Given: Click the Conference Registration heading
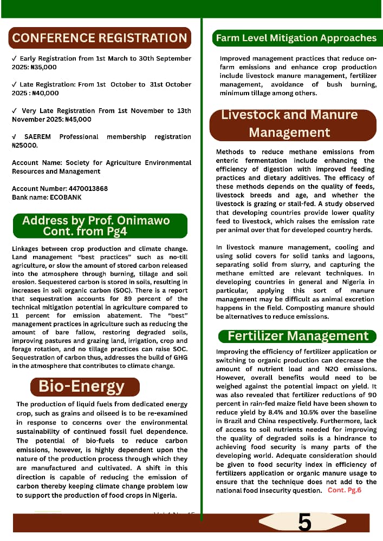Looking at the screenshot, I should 100,38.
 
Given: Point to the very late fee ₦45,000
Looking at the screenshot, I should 77,119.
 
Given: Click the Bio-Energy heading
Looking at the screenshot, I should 81,386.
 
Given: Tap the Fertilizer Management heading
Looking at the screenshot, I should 298,336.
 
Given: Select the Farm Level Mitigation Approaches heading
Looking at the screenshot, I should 296,38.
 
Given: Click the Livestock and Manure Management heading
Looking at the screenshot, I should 289,124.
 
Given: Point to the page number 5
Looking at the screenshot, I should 304,523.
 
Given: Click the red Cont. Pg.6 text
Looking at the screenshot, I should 344,490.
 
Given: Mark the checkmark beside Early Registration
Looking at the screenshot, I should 14,58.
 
